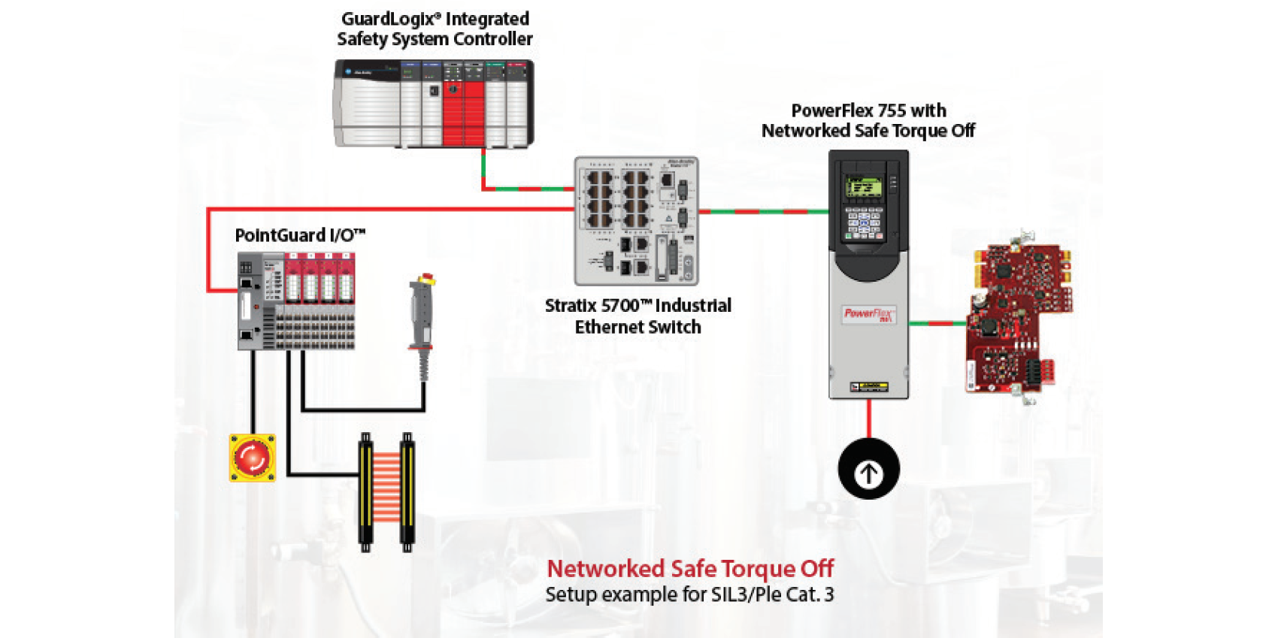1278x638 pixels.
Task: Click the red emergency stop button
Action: coord(253,457)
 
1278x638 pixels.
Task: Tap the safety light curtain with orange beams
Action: coord(386,492)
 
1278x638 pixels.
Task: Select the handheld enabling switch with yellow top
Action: coord(422,316)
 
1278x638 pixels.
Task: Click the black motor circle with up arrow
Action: coord(868,469)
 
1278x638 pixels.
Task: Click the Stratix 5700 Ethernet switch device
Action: coord(636,221)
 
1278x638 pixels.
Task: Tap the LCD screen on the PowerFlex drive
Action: coord(863,186)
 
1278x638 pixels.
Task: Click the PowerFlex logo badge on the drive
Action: coord(868,314)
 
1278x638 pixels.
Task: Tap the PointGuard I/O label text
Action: coord(299,235)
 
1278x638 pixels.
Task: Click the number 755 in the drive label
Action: coord(891,110)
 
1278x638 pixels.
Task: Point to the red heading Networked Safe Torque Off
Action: coord(689,569)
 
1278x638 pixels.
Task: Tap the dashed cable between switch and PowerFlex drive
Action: coord(763,212)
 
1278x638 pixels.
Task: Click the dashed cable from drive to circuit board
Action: coord(937,323)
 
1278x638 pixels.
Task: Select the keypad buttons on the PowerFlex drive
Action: coord(863,222)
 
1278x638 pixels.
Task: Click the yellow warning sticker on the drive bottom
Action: coord(868,387)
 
